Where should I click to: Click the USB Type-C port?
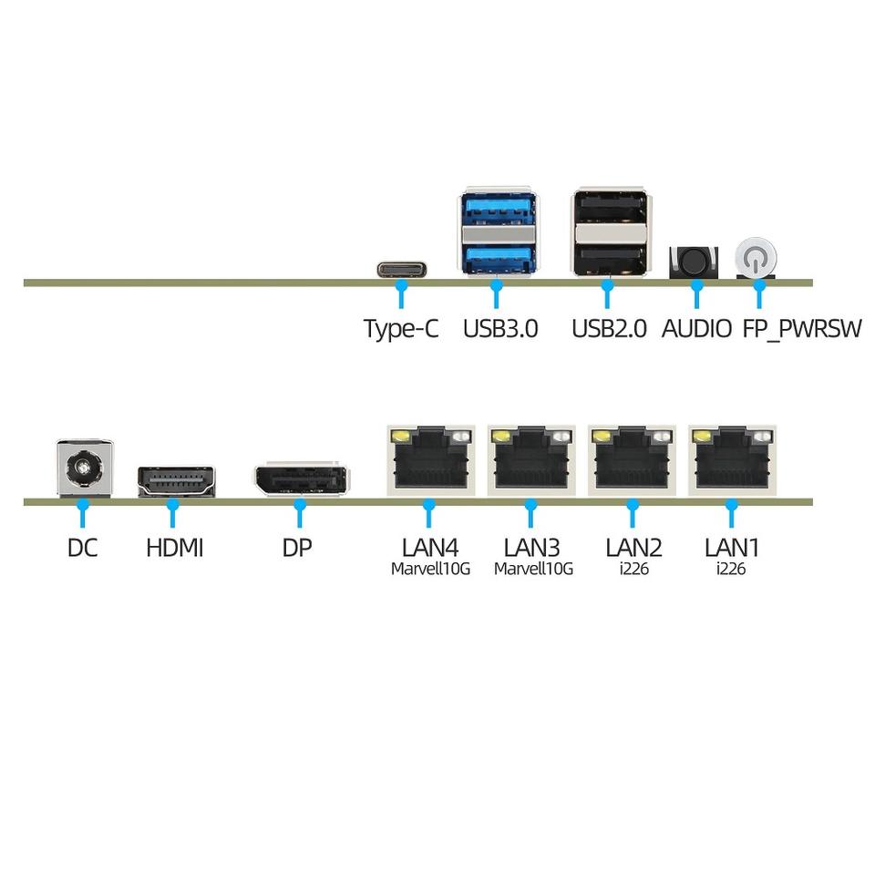402,270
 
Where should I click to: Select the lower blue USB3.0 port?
499,257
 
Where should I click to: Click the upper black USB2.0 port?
610,208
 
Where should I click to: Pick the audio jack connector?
694,262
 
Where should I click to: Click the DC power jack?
84,468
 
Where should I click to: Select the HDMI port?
176,481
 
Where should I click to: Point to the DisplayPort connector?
300,479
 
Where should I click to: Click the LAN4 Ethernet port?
431,460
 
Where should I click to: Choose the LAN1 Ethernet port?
732,460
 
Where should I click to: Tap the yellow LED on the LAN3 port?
499,436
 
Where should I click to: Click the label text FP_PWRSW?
801,329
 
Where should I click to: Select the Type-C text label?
401,329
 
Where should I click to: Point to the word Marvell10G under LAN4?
430,569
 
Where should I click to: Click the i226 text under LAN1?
731,569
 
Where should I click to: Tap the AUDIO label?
696,329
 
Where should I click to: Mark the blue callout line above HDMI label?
173,513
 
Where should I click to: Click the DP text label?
297,548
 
